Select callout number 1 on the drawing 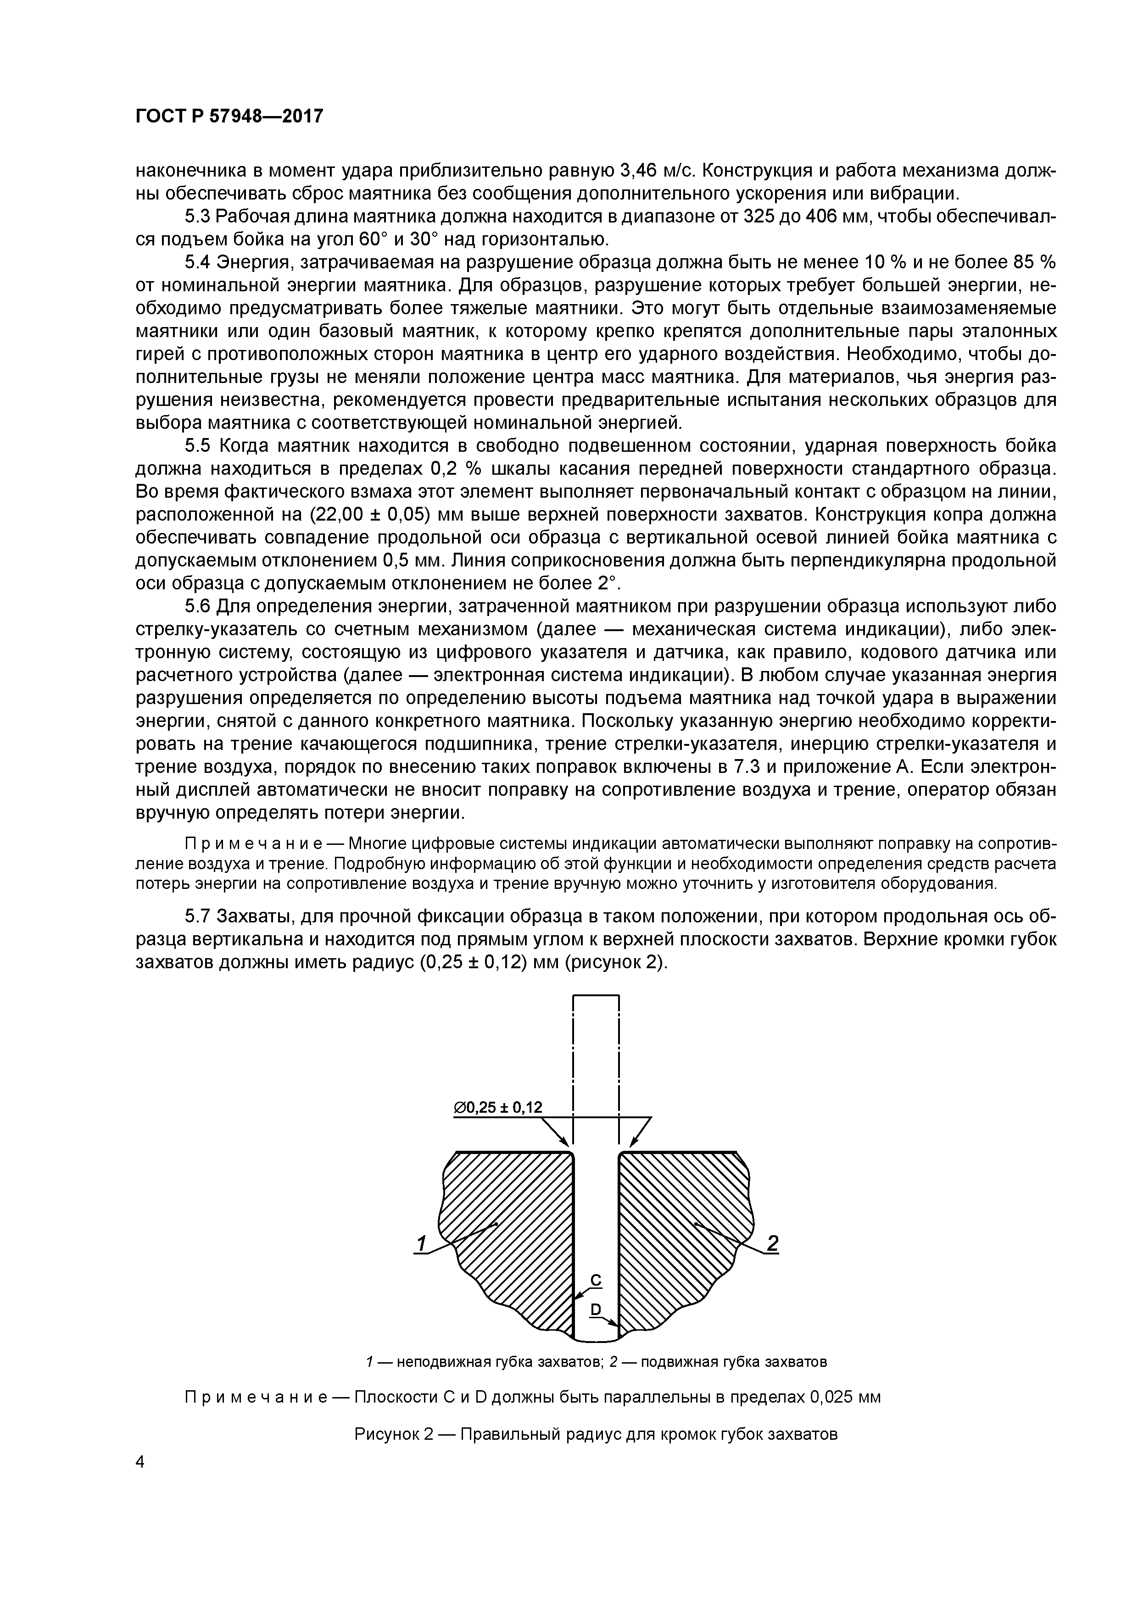click(421, 1243)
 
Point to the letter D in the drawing click(595, 1309)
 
